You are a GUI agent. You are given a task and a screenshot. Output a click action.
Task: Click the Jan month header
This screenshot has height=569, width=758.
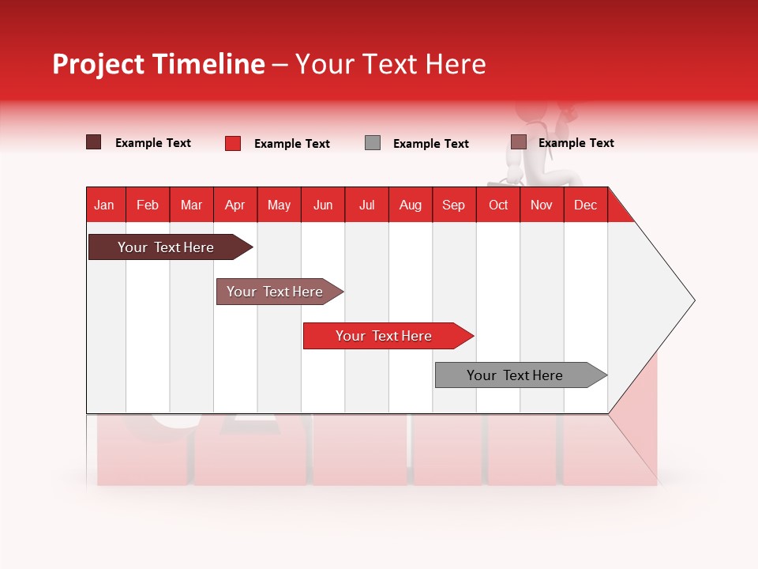[x=104, y=205]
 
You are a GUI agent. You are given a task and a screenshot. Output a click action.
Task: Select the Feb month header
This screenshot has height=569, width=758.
[x=148, y=205]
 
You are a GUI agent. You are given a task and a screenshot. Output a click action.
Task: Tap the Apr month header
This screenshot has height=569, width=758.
[x=235, y=205]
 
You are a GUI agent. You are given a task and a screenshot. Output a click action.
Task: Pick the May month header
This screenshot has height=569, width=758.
[x=279, y=205]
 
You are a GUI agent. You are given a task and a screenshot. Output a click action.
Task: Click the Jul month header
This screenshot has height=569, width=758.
[x=366, y=205]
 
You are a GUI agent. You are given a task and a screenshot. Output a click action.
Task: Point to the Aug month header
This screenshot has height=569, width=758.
[x=410, y=205]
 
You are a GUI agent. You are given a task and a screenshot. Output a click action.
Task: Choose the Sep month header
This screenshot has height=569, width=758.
[x=453, y=205]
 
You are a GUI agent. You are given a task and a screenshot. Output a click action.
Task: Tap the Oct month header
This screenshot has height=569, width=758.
[x=498, y=205]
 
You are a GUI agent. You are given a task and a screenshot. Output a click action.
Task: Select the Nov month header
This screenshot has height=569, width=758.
[x=541, y=205]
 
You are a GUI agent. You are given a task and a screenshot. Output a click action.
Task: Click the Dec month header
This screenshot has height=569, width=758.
[x=585, y=205]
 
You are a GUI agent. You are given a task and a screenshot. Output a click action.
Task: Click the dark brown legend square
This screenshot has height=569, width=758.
[x=93, y=142]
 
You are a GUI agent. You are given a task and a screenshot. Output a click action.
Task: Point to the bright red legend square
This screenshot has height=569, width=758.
[x=232, y=143]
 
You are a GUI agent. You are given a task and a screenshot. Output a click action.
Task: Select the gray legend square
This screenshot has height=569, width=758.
[x=373, y=143]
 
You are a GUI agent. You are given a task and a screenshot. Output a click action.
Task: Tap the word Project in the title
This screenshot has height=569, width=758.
[x=99, y=64]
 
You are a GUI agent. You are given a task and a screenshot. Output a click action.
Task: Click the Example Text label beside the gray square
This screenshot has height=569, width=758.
[x=430, y=144]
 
